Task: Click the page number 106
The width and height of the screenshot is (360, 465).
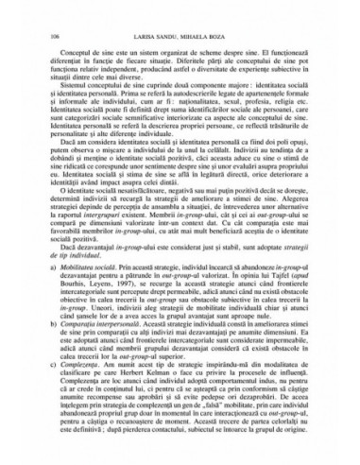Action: [x=41, y=33]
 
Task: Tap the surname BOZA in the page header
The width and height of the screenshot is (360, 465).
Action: [x=229, y=33]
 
